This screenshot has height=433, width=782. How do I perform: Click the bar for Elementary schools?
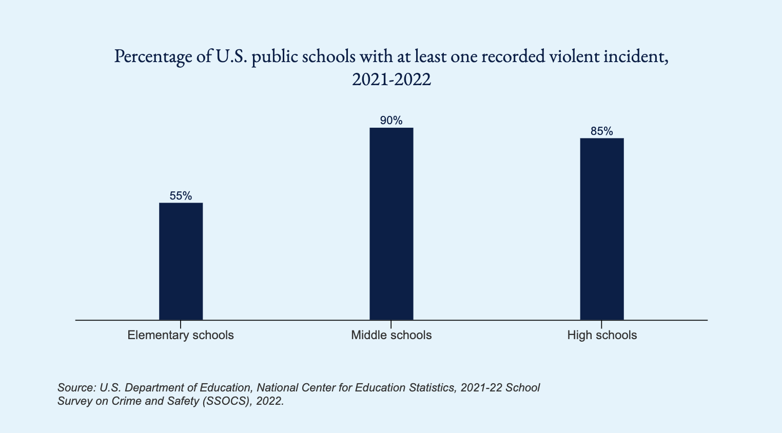tap(181, 261)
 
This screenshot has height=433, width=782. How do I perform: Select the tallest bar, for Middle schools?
tap(391, 224)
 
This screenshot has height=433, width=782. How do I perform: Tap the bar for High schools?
tap(602, 229)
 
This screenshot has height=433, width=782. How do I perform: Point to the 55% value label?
tap(181, 196)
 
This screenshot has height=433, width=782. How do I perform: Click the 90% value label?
tap(391, 121)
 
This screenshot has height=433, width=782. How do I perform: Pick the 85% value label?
tap(602, 131)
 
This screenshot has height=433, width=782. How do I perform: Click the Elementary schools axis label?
tap(181, 336)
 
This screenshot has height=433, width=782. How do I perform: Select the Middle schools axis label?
tap(391, 336)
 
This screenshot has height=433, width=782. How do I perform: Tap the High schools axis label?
tap(602, 336)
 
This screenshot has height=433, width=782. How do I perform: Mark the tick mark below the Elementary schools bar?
tap(181, 324)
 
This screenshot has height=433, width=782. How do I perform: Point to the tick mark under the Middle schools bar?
tap(391, 324)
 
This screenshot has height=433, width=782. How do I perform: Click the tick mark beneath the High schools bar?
tap(602, 324)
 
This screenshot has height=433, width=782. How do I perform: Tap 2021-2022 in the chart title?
tap(391, 80)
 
